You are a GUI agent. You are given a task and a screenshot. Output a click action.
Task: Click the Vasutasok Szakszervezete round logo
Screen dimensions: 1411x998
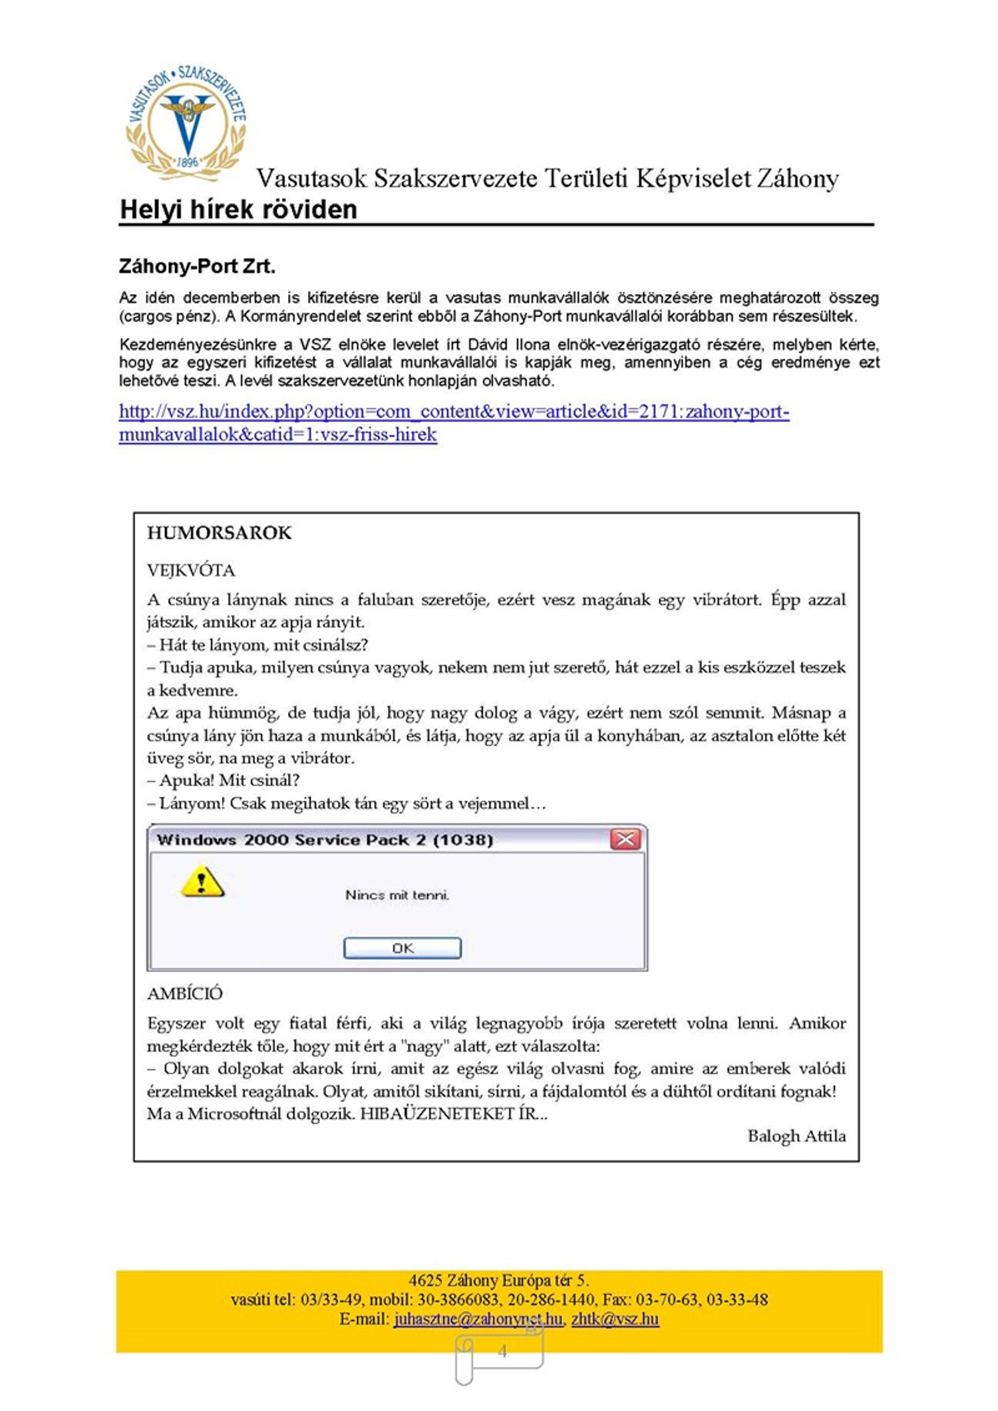coord(186,123)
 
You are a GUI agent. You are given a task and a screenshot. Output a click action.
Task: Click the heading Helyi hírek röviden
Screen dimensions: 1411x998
coord(238,210)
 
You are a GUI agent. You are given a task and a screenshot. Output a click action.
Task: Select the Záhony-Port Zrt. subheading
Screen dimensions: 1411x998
coord(197,267)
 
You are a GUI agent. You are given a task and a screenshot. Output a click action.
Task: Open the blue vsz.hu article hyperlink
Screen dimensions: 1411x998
coord(454,412)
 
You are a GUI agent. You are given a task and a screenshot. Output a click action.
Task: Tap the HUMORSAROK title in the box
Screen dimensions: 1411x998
coord(219,533)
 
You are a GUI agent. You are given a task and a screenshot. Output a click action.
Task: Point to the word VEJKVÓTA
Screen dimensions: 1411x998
coord(191,571)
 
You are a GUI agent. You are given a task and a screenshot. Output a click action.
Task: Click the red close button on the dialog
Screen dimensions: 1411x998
coord(625,839)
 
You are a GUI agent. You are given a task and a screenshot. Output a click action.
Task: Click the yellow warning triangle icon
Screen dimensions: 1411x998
coord(202,882)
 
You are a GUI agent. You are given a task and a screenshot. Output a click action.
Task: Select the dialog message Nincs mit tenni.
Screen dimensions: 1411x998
coord(397,895)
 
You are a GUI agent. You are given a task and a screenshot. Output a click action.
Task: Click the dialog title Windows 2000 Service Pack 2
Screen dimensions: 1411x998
coord(325,840)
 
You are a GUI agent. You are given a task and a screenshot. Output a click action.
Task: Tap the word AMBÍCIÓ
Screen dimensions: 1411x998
coord(185,994)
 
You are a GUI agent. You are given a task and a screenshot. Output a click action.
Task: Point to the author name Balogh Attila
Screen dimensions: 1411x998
coord(796,1136)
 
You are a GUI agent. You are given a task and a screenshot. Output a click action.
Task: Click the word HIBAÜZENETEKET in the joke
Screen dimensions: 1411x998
coord(438,1114)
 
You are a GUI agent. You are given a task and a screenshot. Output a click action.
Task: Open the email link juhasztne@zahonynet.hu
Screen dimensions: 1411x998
coord(478,1319)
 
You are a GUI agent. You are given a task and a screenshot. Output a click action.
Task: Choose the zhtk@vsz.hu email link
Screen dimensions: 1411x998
coord(615,1319)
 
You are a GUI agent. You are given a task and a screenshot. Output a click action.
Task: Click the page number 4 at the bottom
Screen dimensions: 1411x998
coord(502,1351)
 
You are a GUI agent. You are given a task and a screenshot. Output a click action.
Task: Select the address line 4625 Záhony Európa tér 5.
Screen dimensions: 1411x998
coord(498,1281)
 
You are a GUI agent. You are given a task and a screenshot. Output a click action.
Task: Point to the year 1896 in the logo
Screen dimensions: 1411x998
coord(188,162)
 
